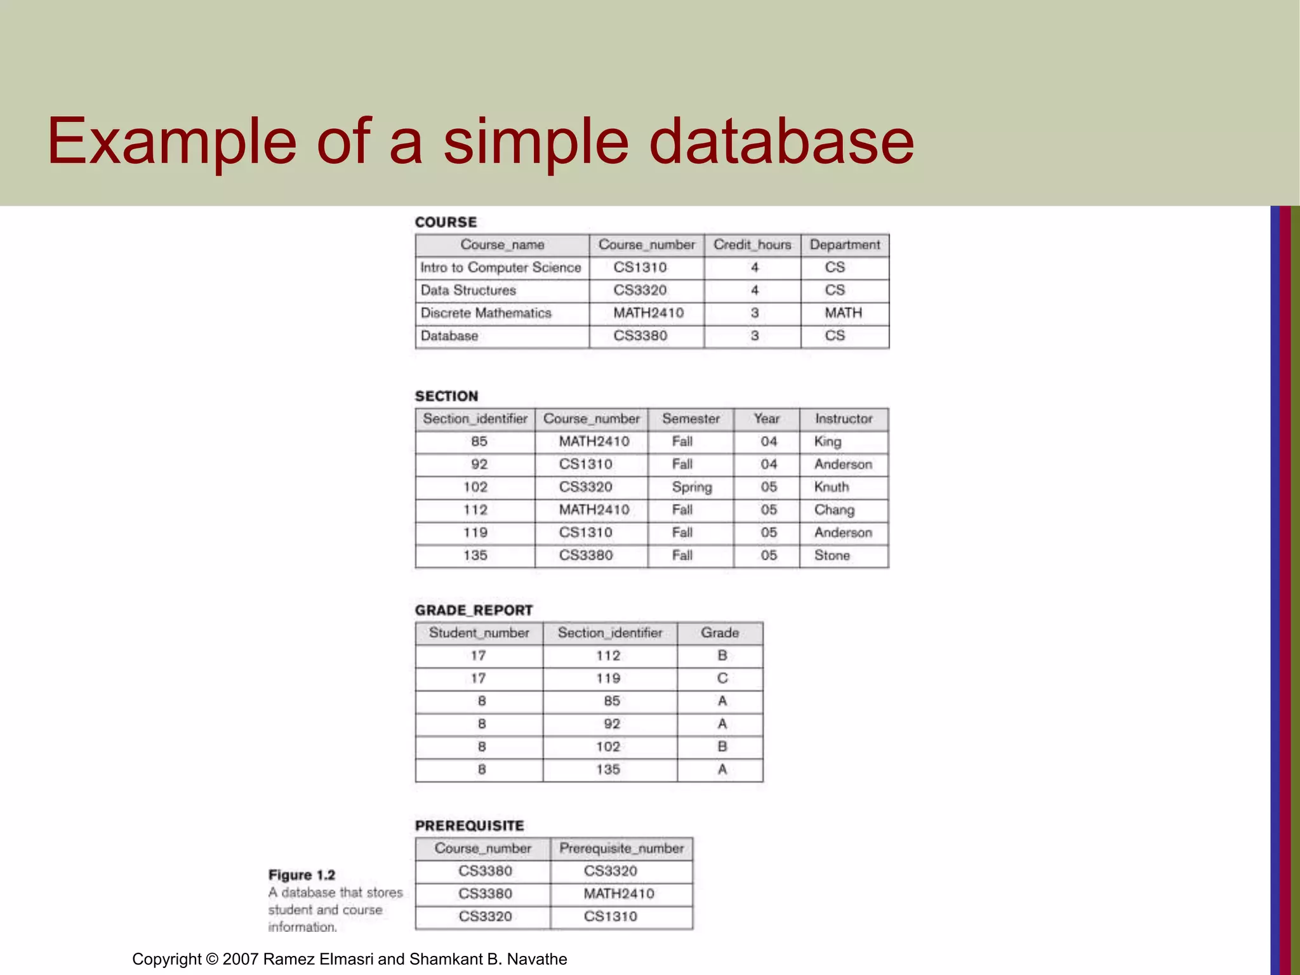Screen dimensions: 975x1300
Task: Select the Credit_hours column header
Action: pyautogui.click(x=752, y=245)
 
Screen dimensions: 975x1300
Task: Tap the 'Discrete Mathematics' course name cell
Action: pyautogui.click(x=486, y=313)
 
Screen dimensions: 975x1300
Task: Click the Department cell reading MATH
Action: pyautogui.click(x=844, y=313)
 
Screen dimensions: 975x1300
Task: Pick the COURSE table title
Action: pyautogui.click(x=446, y=222)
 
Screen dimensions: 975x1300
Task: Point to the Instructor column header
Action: pyautogui.click(x=844, y=419)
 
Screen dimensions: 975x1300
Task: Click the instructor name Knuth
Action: pyautogui.click(x=832, y=487)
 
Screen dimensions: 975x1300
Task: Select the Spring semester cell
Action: pyautogui.click(x=692, y=487)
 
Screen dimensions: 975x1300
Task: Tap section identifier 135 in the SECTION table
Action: pyautogui.click(x=475, y=555)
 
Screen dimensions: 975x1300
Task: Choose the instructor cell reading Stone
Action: pyautogui.click(x=832, y=555)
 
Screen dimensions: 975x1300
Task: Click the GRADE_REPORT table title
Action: pyautogui.click(x=474, y=610)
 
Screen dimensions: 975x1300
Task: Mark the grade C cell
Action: pyautogui.click(x=722, y=679)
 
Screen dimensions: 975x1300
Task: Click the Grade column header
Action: pyautogui.click(x=720, y=633)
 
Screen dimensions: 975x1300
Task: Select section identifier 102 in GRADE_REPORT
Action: pyautogui.click(x=608, y=746)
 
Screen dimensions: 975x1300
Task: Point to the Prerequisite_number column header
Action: pyautogui.click(x=621, y=849)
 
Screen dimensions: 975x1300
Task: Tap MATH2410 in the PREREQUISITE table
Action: pyautogui.click(x=619, y=894)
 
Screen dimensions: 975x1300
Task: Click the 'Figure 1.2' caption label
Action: pyautogui.click(x=302, y=875)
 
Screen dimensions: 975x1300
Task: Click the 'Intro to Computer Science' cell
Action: pyautogui.click(x=500, y=268)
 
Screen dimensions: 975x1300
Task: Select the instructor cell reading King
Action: pyautogui.click(x=828, y=442)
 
